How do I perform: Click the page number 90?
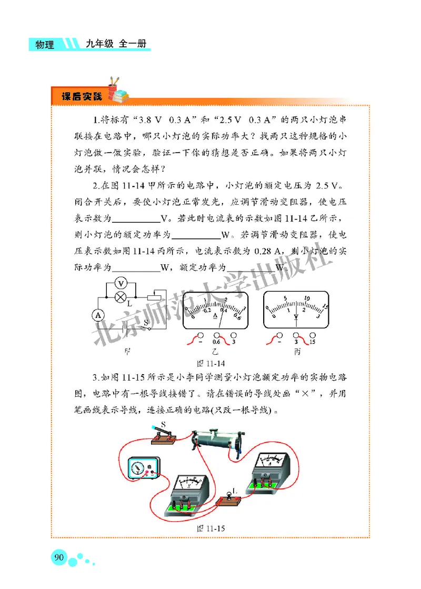click(58, 557)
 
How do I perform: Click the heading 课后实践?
click(82, 97)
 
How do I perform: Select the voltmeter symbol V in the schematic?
click(119, 282)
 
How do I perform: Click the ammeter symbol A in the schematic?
click(97, 315)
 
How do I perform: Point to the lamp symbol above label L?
click(119, 296)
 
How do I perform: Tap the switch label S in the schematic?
click(146, 321)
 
